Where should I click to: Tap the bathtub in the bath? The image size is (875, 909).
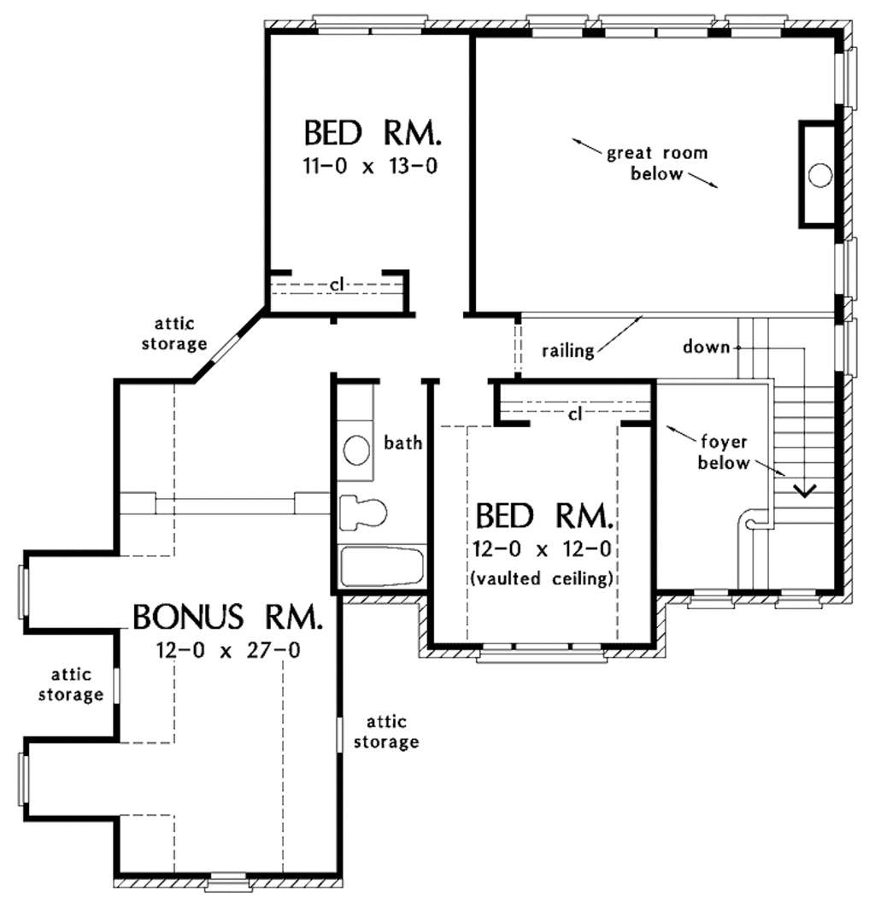382,567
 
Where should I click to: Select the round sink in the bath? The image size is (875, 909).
355,449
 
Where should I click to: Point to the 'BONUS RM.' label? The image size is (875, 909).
228,616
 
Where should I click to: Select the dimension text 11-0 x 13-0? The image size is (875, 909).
370,167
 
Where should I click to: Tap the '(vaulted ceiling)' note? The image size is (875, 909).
542,578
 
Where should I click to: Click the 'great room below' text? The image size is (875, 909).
656,163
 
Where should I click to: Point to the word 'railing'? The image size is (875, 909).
568,350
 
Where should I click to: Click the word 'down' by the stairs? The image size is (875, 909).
706,347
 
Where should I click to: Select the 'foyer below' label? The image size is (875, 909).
725,454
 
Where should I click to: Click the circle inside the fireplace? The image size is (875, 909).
819,175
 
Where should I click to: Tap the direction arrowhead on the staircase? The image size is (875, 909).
804,490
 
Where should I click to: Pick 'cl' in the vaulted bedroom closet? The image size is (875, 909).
574,414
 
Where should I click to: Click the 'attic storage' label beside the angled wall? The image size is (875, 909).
180,334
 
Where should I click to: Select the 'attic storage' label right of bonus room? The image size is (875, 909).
393,732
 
